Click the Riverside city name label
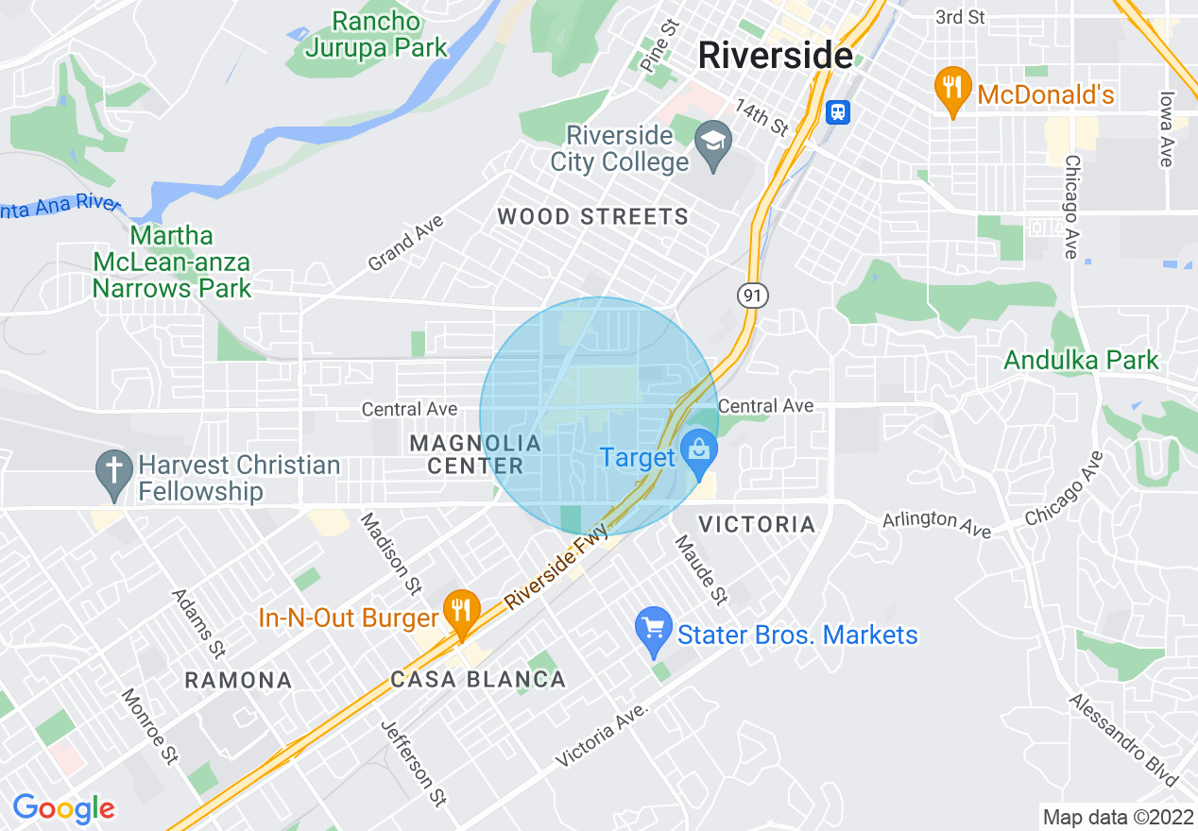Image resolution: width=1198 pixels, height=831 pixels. (x=775, y=56)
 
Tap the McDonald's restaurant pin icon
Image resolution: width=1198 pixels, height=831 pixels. (x=953, y=88)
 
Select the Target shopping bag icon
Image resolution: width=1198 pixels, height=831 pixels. (x=699, y=451)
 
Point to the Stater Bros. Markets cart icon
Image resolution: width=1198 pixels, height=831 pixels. (x=654, y=630)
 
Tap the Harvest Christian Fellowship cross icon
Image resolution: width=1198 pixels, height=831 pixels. (x=114, y=471)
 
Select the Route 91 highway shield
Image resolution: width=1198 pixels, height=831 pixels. (x=752, y=297)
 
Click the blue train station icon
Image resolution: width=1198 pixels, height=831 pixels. (x=837, y=112)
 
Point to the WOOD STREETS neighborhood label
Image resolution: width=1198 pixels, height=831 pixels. (x=593, y=217)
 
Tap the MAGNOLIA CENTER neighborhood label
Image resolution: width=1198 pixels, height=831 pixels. (x=475, y=454)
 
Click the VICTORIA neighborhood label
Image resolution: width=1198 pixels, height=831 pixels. (x=756, y=524)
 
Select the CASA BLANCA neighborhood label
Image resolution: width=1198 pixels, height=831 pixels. (x=478, y=680)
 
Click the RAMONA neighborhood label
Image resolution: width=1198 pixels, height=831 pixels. (x=238, y=680)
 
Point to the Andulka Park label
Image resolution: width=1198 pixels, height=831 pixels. (x=1081, y=360)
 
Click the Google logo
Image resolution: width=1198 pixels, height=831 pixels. (x=63, y=808)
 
